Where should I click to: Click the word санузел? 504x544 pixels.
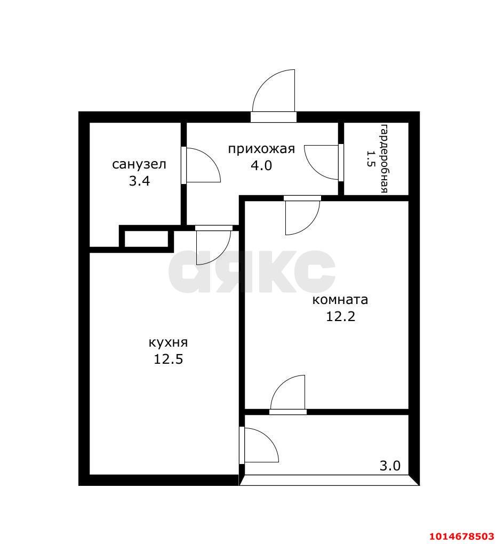coord(139,164)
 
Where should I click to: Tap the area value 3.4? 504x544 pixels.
coord(139,181)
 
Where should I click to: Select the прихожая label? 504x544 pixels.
coord(261,149)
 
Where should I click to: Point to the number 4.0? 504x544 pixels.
coord(261,165)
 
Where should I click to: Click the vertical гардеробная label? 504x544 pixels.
coord(385,158)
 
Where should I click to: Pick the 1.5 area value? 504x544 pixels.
coord(370,158)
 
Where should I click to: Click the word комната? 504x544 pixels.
coord(340,300)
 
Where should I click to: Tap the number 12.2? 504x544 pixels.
coord(341,316)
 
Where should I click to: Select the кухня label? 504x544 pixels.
coord(168,343)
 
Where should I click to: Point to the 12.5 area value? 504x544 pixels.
coord(168,359)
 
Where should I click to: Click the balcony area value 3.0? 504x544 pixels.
coord(390,466)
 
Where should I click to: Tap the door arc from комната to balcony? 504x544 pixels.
coord(281,385)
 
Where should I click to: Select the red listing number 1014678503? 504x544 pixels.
coord(462,537)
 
